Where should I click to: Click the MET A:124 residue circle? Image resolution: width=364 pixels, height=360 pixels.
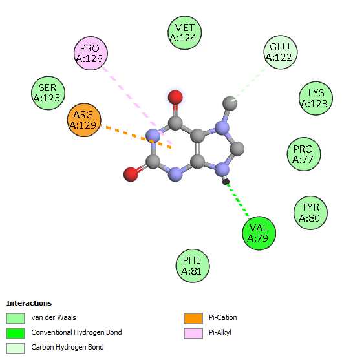tap(184, 33)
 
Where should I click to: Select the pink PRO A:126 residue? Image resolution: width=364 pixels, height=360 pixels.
tap(91, 53)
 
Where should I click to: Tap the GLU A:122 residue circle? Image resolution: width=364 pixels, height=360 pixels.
tap(281, 52)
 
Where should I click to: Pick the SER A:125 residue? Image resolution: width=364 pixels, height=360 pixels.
tap(48, 93)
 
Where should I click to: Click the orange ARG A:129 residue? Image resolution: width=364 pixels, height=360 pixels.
tap(84, 120)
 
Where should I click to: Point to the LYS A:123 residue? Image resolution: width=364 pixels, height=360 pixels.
tap(316, 98)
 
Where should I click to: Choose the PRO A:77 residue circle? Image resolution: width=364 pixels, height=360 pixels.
tap(304, 154)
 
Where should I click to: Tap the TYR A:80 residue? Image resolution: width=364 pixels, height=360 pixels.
tap(310, 213)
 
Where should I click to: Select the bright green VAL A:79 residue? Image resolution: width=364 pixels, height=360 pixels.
tap(259, 233)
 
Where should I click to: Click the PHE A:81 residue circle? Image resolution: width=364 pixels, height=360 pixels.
tap(193, 266)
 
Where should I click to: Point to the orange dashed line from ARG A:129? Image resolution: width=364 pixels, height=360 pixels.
tap(136, 136)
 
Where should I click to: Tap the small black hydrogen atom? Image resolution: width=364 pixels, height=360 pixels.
tap(226, 182)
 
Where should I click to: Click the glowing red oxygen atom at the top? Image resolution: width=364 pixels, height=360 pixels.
tap(175, 97)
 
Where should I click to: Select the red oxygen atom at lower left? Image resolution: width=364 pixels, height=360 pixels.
tap(131, 175)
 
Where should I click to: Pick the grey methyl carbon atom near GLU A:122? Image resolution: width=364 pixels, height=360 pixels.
tap(230, 103)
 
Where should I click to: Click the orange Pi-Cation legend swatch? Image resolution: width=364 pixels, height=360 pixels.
tap(193, 319)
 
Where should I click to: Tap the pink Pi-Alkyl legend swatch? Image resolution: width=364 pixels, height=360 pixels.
tap(193, 334)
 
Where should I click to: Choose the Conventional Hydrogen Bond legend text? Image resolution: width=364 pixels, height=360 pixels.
tap(76, 332)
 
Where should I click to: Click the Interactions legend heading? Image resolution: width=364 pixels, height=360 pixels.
tap(29, 303)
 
